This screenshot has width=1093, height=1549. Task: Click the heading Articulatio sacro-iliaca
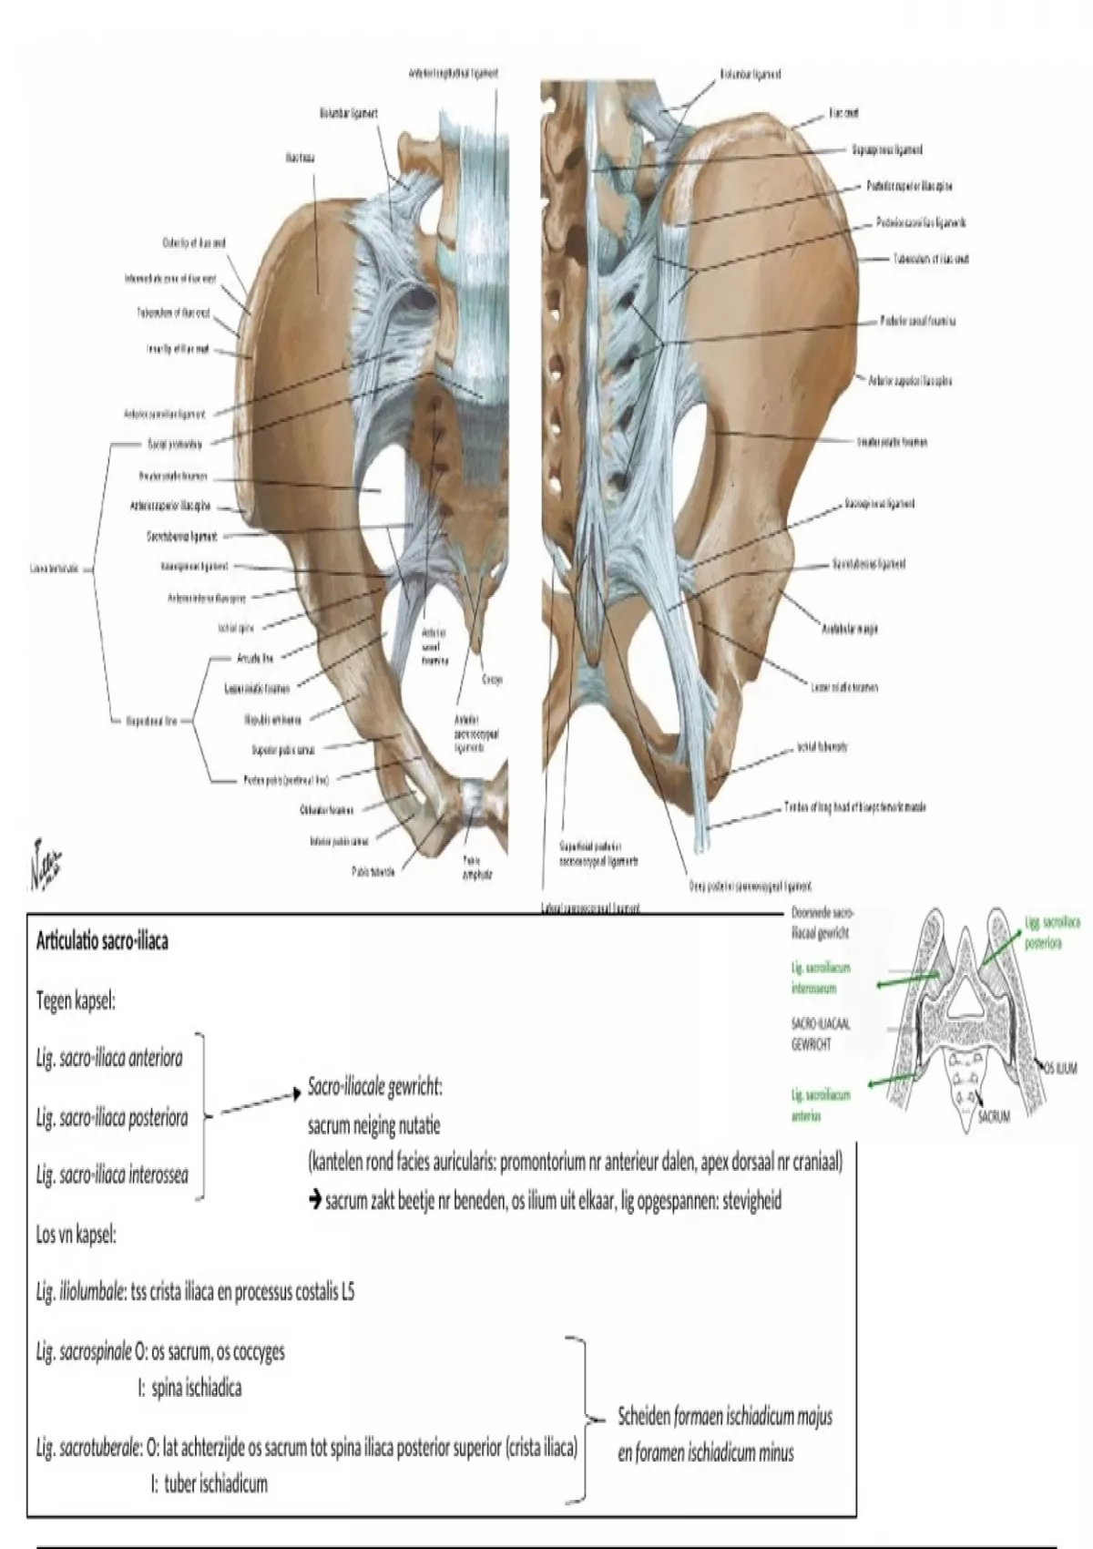coord(102,941)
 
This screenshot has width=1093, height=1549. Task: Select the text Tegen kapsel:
coord(76,1000)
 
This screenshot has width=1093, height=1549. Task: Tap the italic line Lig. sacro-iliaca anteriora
coord(109,1058)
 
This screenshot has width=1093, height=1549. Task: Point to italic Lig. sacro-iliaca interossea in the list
coord(112,1175)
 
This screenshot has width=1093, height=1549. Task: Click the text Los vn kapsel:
coord(77,1236)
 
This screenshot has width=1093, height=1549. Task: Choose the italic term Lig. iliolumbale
coord(80,1293)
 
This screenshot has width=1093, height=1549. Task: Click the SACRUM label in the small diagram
coord(994,1116)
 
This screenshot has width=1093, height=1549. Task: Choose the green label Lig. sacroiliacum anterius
coord(820,1105)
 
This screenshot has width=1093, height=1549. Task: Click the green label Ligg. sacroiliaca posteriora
coord(1052,932)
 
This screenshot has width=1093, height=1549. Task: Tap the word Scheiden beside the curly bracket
coord(644,1417)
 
